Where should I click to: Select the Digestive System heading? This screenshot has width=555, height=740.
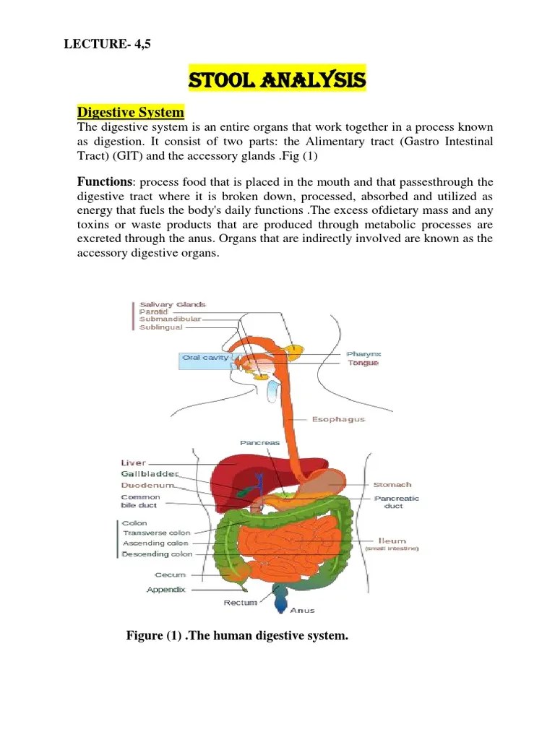(x=131, y=113)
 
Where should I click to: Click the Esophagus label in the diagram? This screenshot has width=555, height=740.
(x=338, y=419)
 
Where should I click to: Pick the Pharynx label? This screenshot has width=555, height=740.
(x=363, y=353)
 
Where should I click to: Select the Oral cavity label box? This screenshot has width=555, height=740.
(x=206, y=358)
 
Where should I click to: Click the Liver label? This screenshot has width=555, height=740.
(x=133, y=462)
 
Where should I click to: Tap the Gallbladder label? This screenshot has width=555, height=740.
(x=149, y=474)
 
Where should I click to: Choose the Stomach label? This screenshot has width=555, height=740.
(x=392, y=484)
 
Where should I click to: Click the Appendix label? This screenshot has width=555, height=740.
(x=165, y=590)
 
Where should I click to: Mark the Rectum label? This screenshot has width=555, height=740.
(x=240, y=602)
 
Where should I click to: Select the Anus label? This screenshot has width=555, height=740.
(x=302, y=611)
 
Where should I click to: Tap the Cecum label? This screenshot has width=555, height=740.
(x=170, y=575)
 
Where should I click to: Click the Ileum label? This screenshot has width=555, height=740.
(x=392, y=540)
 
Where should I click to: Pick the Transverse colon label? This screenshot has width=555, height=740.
(x=157, y=533)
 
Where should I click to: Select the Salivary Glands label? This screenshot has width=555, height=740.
(x=173, y=305)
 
